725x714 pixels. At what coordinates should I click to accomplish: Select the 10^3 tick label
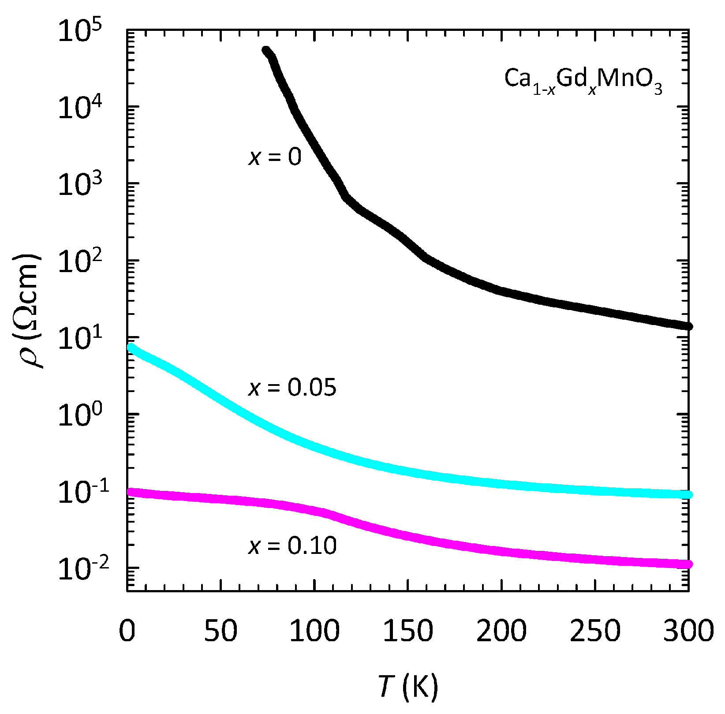tap(80, 184)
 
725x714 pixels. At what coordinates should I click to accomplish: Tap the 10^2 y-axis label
tap(80, 261)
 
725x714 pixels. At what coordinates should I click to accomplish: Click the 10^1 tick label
tap(80, 338)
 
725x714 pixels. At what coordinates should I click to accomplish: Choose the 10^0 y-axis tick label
tap(80, 415)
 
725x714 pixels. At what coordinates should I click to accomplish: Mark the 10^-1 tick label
tap(80, 491)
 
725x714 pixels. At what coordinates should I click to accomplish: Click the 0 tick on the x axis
tap(127, 631)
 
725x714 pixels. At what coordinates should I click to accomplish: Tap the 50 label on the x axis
tap(220, 631)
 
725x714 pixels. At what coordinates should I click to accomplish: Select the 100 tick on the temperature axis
tap(314, 631)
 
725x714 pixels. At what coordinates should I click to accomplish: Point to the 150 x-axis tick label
tap(408, 631)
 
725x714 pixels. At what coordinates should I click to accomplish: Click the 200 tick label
tap(501, 631)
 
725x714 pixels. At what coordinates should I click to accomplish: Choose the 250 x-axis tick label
tap(595, 631)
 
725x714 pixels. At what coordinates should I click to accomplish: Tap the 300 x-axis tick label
tap(688, 631)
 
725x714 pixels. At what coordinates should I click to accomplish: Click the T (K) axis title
tap(408, 686)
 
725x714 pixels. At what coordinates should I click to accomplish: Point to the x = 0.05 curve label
tap(292, 387)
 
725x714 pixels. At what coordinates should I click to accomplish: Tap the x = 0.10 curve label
tap(292, 546)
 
